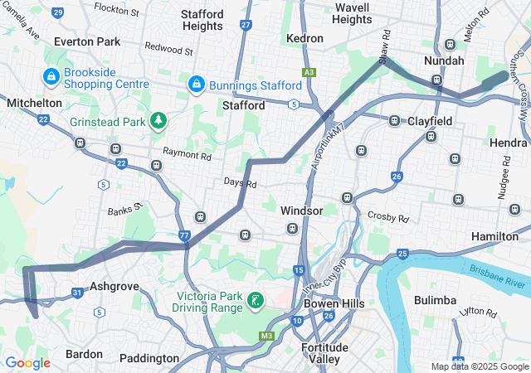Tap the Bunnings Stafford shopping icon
[x=197, y=85]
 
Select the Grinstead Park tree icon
[x=158, y=121]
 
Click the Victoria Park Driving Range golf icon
[x=256, y=299]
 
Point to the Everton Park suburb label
[x=86, y=41]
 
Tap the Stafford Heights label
[x=202, y=20]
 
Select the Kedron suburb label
[x=304, y=38]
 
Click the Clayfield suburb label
[x=430, y=121]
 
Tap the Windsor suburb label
[x=301, y=211]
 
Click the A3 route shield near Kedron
[x=309, y=73]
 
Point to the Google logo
[x=27, y=363]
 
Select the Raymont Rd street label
[x=188, y=155]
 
